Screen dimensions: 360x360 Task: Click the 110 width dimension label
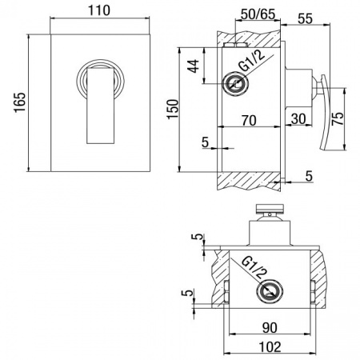point(98,10)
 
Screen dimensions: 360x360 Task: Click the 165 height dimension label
point(20,102)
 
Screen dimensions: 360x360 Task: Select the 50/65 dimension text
point(258,14)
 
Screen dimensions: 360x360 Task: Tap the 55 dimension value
point(305,18)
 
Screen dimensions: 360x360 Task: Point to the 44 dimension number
point(194,66)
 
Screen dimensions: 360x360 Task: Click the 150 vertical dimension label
point(173,110)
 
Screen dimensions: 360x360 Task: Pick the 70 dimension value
point(249,121)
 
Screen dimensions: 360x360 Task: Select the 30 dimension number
point(298,119)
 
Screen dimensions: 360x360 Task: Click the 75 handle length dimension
point(338,118)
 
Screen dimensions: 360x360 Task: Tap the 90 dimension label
point(270,328)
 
